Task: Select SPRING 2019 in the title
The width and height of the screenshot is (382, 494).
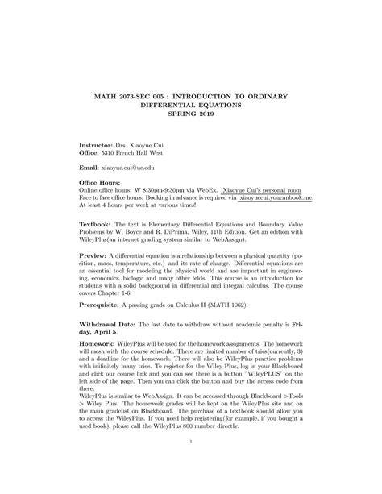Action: pyautogui.click(x=191, y=116)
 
